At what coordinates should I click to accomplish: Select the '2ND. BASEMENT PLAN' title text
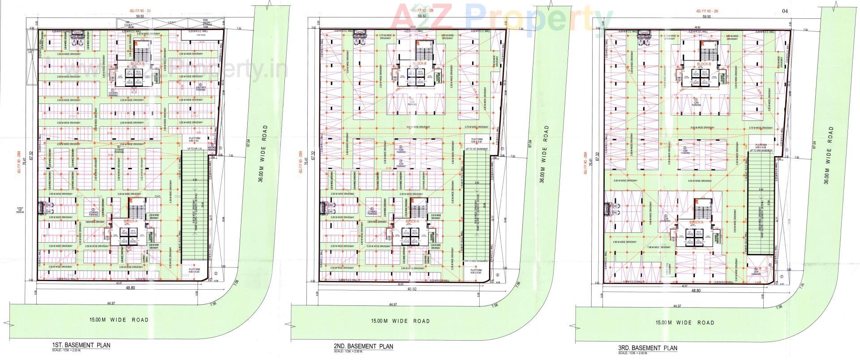pyautogui.click(x=363, y=346)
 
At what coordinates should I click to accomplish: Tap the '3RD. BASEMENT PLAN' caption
pyautogui.click(x=647, y=347)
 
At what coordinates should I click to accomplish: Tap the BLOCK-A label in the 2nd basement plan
pyautogui.click(x=412, y=222)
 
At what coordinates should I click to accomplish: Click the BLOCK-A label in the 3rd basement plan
pyautogui.click(x=696, y=222)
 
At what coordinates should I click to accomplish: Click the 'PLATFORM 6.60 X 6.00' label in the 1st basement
pyautogui.click(x=194, y=270)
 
